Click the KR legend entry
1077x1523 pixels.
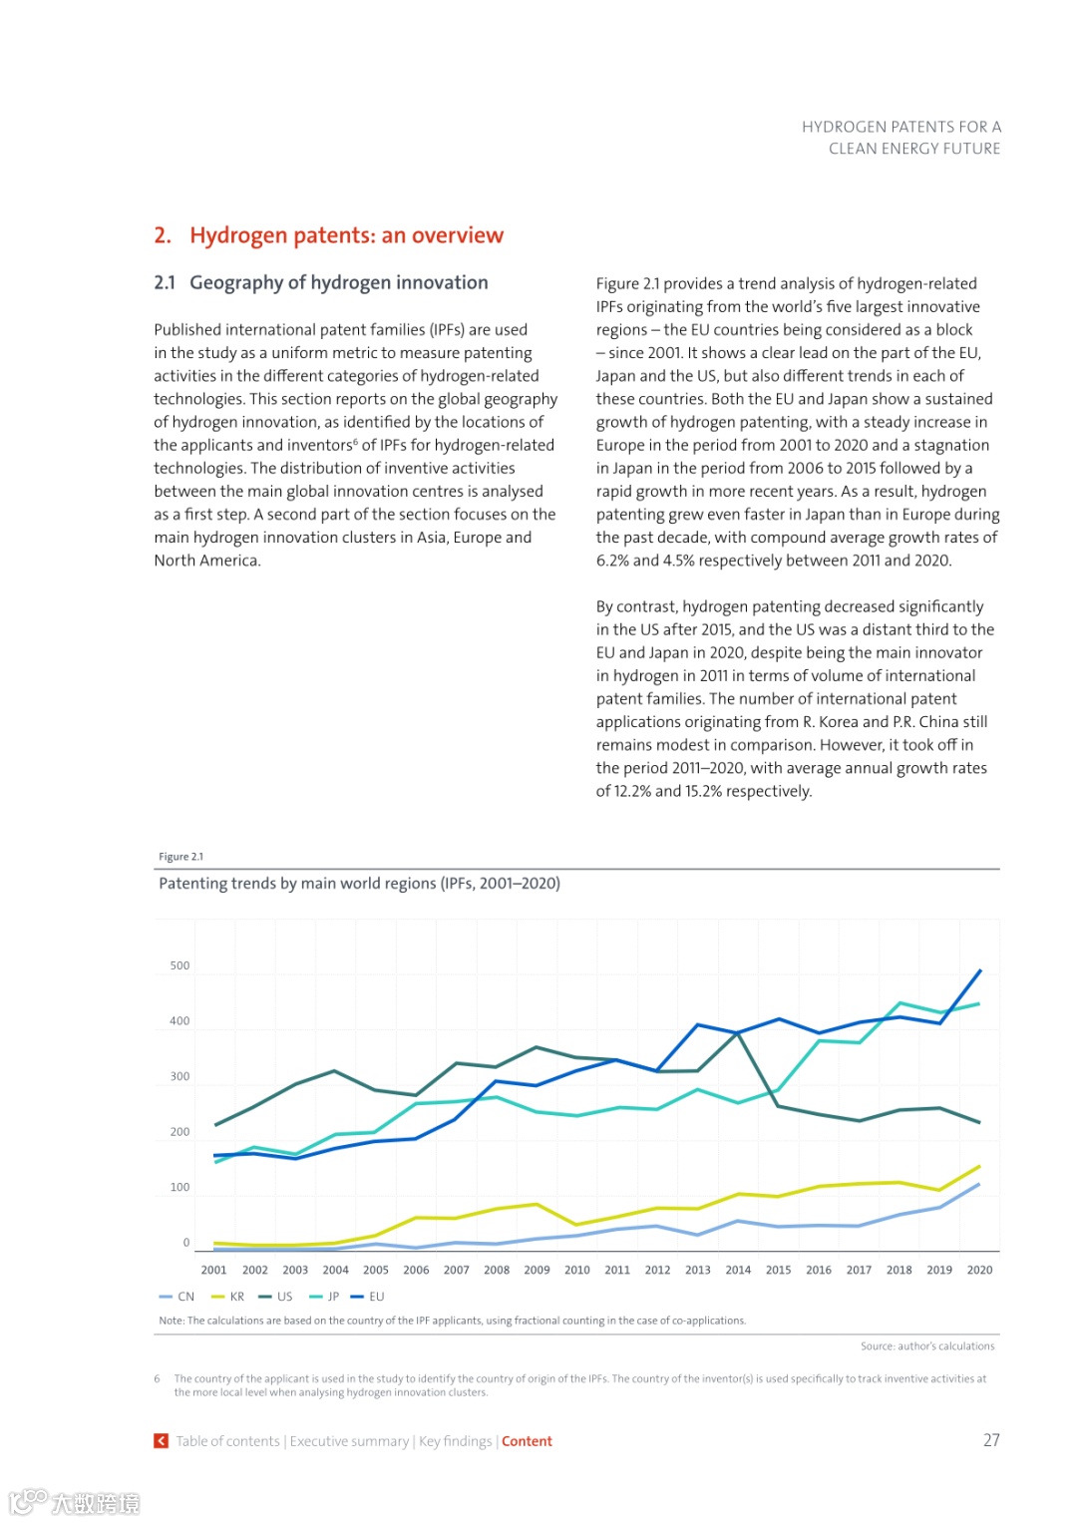(x=229, y=1297)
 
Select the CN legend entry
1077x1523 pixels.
(x=179, y=1297)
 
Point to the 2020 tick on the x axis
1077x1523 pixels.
(x=979, y=1270)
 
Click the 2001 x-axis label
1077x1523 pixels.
(x=214, y=1270)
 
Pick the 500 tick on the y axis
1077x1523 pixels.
(x=179, y=965)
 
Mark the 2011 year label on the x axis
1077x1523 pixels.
(x=617, y=1270)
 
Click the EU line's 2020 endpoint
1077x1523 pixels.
(x=980, y=969)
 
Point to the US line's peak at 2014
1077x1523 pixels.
(x=738, y=1033)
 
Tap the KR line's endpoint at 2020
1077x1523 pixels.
(x=980, y=1166)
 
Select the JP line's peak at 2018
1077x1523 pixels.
(x=899, y=1002)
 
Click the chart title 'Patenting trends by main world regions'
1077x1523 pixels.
(x=359, y=884)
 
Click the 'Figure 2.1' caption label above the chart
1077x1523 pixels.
(x=180, y=857)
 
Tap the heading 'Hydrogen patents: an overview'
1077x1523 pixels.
(x=346, y=235)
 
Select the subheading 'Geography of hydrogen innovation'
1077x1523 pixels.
(x=339, y=283)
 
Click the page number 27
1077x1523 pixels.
(x=991, y=1440)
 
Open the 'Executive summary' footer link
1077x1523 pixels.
(x=349, y=1441)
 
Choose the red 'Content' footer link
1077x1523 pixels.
(x=527, y=1441)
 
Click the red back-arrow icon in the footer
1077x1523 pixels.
(x=161, y=1441)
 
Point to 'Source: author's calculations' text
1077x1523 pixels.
(x=927, y=1346)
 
